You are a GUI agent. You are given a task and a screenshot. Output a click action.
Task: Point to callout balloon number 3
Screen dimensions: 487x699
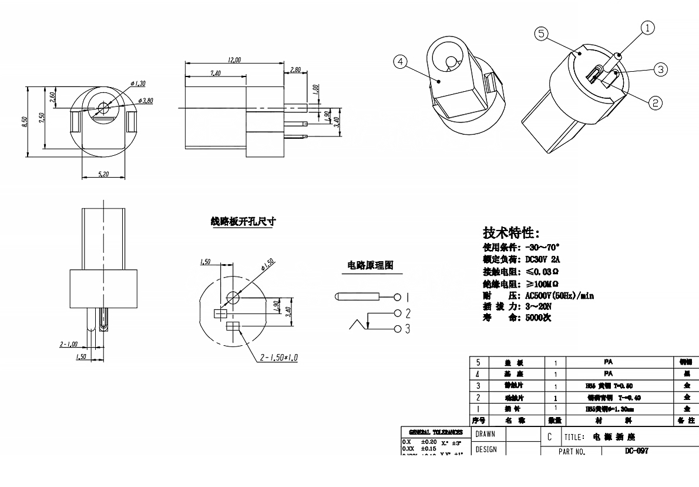click(660, 69)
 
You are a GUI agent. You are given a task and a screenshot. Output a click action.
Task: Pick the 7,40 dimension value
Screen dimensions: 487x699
click(215, 73)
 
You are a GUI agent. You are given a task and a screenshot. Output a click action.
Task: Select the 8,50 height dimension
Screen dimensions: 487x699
click(24, 122)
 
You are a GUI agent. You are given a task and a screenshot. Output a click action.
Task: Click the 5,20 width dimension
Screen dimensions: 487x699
click(103, 174)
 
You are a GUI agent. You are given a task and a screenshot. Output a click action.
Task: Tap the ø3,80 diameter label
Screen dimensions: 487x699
click(145, 101)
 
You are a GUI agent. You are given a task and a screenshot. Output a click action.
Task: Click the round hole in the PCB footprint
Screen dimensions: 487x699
click(233, 296)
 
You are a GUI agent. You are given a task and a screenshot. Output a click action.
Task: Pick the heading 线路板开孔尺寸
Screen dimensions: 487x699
click(243, 222)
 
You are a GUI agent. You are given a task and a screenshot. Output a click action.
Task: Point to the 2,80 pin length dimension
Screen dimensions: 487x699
click(295, 69)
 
